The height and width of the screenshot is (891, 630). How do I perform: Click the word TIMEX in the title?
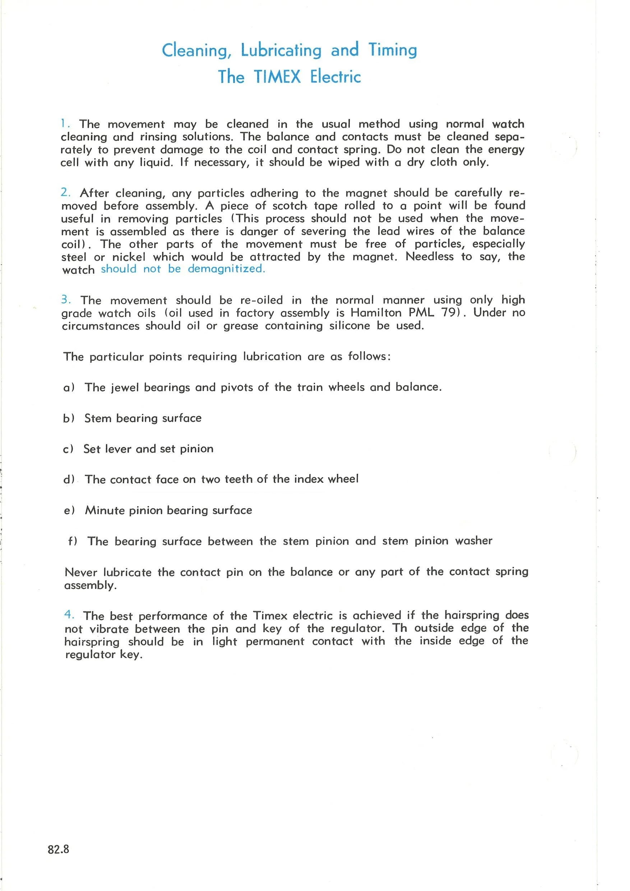277,77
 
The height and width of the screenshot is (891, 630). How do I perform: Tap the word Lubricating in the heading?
281,50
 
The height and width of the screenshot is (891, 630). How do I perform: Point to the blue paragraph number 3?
66,300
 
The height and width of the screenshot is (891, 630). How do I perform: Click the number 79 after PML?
450,313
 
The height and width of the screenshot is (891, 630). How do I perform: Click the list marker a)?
69,388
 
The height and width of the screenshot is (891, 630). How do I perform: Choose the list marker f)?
73,541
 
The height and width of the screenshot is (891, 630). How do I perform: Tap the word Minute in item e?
103,510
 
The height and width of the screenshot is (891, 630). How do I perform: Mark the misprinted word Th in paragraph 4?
399,628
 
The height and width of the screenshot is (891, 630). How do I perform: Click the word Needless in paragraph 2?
430,257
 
